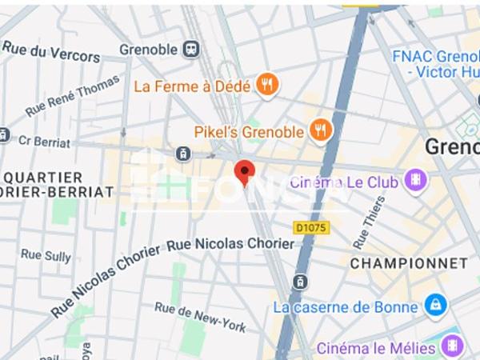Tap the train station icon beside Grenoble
(x=192, y=50)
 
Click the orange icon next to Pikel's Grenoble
(x=321, y=130)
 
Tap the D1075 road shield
(x=311, y=228)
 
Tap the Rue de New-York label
(x=200, y=317)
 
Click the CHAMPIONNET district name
(x=408, y=263)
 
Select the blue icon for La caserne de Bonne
(x=436, y=305)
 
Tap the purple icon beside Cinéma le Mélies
(x=451, y=347)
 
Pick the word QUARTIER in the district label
(x=43, y=177)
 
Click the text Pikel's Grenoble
(x=249, y=131)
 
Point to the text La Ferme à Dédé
(x=192, y=85)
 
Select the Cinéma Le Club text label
(x=344, y=182)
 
